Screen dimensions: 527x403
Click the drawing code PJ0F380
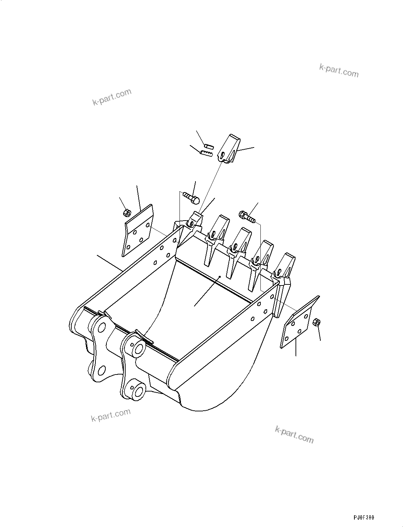coord(364,518)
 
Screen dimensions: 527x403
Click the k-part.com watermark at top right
coord(339,70)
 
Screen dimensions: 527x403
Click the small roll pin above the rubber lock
coord(208,145)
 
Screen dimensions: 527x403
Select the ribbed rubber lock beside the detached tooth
coord(206,153)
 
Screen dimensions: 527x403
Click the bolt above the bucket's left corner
coord(192,197)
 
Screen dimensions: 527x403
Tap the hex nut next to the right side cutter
coord(317,322)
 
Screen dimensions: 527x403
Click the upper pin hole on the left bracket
coord(102,327)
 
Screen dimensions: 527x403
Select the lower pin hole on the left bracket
coord(101,371)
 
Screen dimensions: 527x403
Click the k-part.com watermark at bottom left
coord(111,415)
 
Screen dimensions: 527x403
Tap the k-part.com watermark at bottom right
coord(294,434)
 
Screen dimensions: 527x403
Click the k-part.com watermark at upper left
coord(112,97)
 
